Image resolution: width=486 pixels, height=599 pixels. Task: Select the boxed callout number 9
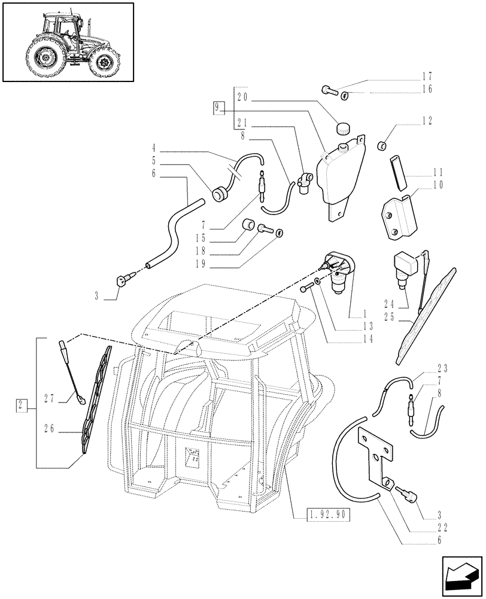coord(218,108)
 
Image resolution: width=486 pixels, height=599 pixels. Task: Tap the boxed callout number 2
coord(22,406)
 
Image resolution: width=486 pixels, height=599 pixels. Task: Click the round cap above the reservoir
coord(344,128)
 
